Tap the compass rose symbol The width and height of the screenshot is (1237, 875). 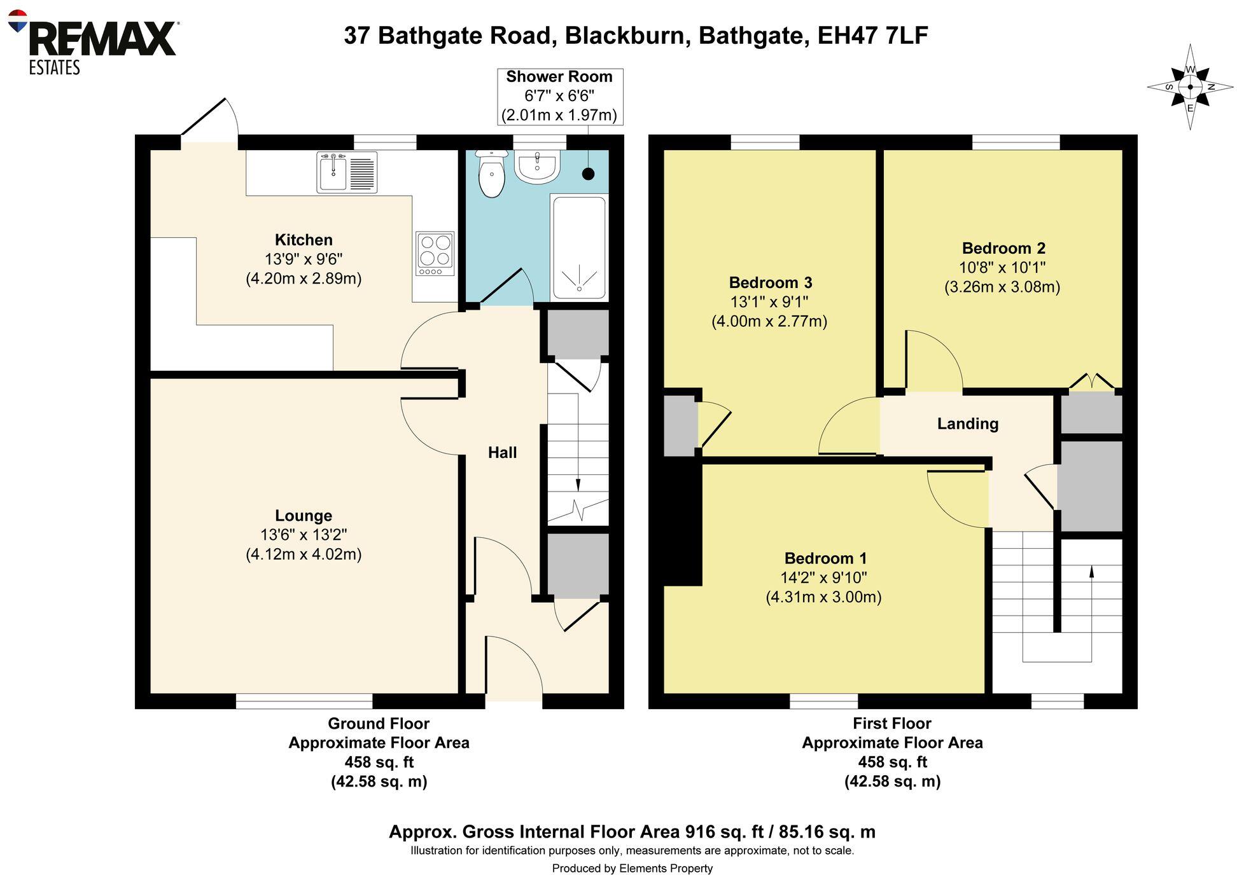1189,87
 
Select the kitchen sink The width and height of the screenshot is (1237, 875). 333,172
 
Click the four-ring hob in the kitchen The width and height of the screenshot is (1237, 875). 435,253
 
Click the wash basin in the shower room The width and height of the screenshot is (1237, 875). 538,167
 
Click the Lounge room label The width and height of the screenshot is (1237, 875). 304,516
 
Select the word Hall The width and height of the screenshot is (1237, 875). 502,453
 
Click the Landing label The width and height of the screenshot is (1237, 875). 967,424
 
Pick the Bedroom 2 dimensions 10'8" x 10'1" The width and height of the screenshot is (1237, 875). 1002,268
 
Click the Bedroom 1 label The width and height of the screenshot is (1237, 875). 825,558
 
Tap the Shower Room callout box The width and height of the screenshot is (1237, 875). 559,96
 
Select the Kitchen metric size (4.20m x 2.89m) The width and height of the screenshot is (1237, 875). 304,279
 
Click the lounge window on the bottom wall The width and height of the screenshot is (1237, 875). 304,701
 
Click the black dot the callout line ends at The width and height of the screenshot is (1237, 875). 589,174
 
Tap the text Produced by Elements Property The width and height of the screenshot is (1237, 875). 632,868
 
